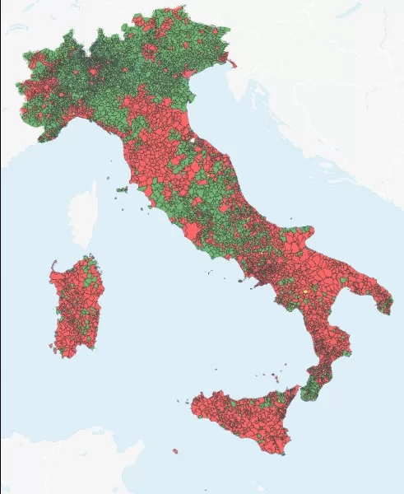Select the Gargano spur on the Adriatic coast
[x=301, y=235]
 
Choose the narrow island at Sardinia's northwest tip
[x=53, y=264]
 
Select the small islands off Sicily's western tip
[x=188, y=403]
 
